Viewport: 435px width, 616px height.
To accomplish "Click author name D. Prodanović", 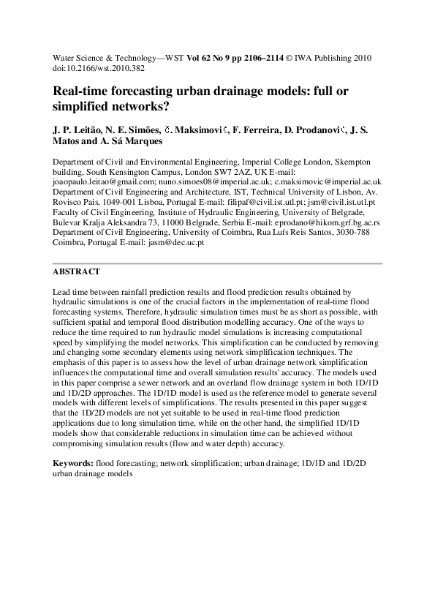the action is pos(305,129).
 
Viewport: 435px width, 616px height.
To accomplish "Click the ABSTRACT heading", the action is pos(76,271).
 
